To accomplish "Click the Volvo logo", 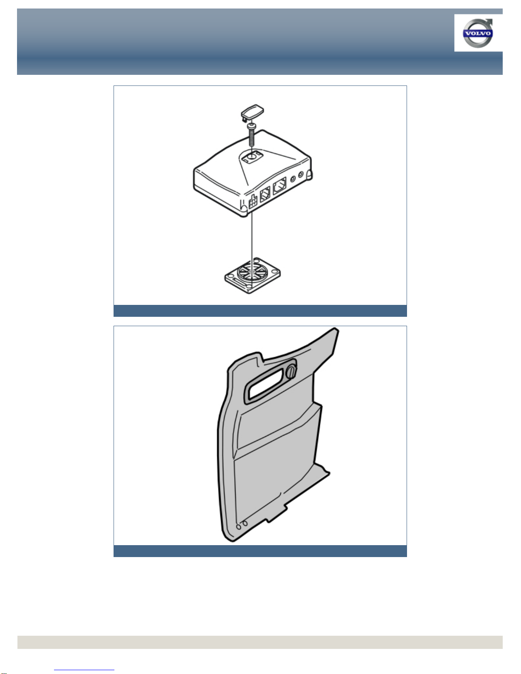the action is tap(478, 33).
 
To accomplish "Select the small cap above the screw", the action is tap(252, 112).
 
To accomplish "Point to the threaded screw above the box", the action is tap(251, 134).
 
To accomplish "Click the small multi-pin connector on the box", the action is tap(253, 202).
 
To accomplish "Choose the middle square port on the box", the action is tap(265, 194).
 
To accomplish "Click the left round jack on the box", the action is tap(293, 179).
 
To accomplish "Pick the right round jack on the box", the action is tap(301, 175).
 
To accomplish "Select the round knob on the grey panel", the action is tap(291, 372).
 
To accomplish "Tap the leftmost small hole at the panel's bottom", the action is tap(239, 527).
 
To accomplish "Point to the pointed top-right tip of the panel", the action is tap(336, 329).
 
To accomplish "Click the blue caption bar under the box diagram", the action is tap(260, 310).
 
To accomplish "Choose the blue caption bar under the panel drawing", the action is tap(260, 551).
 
